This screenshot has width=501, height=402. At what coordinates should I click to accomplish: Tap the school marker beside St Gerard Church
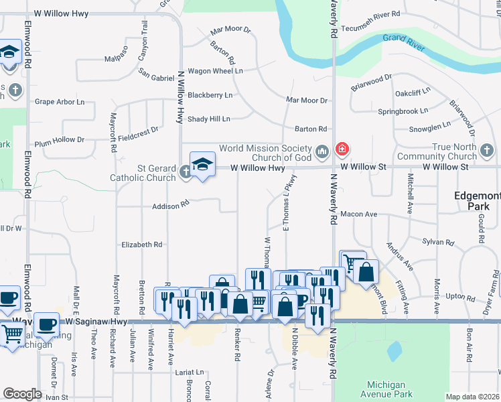coord(202,163)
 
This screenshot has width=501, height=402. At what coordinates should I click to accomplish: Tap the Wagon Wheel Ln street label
coord(215,71)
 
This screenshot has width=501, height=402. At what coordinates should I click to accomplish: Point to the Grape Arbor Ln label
coord(60,102)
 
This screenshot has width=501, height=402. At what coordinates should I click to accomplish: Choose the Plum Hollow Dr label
coord(60,141)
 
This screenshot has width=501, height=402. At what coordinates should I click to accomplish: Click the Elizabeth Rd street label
coord(141,245)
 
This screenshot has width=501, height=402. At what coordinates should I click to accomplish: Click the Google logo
coord(22,394)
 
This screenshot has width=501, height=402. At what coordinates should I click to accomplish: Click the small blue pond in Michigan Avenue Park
coord(395,349)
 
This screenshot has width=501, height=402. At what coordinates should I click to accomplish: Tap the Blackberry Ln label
coord(210,95)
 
